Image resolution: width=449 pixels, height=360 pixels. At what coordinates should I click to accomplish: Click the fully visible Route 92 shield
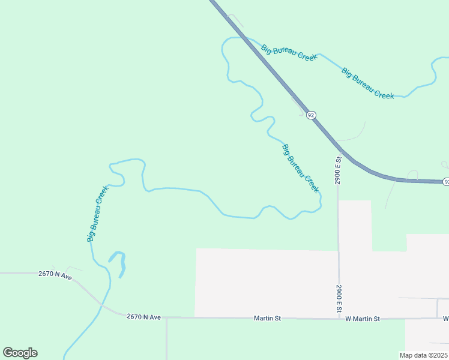point(310,115)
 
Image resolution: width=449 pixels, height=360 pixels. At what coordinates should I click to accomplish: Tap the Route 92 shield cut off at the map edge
point(446,181)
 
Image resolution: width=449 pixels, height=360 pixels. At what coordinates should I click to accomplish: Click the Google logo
point(20,353)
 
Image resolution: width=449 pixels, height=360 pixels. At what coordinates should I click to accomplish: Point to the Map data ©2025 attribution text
point(423,355)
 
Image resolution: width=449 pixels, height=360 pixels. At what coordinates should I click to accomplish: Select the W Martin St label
point(363,319)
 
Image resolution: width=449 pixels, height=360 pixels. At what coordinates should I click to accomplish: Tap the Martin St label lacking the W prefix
point(267,318)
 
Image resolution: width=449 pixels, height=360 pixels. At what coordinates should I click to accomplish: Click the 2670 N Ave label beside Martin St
point(143,317)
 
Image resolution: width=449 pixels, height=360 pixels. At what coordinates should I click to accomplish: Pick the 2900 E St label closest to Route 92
point(338,170)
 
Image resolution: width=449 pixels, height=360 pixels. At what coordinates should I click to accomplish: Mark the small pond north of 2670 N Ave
point(119,263)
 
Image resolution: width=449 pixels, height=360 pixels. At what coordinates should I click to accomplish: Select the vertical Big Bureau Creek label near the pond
point(97,214)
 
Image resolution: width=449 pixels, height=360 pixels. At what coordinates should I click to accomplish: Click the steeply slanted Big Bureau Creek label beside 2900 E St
point(300,168)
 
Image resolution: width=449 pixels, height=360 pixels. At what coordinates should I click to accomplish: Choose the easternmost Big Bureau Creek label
point(368,83)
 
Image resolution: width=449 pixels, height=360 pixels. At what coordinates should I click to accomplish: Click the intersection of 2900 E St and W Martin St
point(339,318)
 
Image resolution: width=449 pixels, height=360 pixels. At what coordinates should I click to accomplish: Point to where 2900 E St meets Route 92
point(337,148)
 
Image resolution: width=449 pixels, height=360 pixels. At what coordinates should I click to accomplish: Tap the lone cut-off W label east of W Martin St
point(446,318)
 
